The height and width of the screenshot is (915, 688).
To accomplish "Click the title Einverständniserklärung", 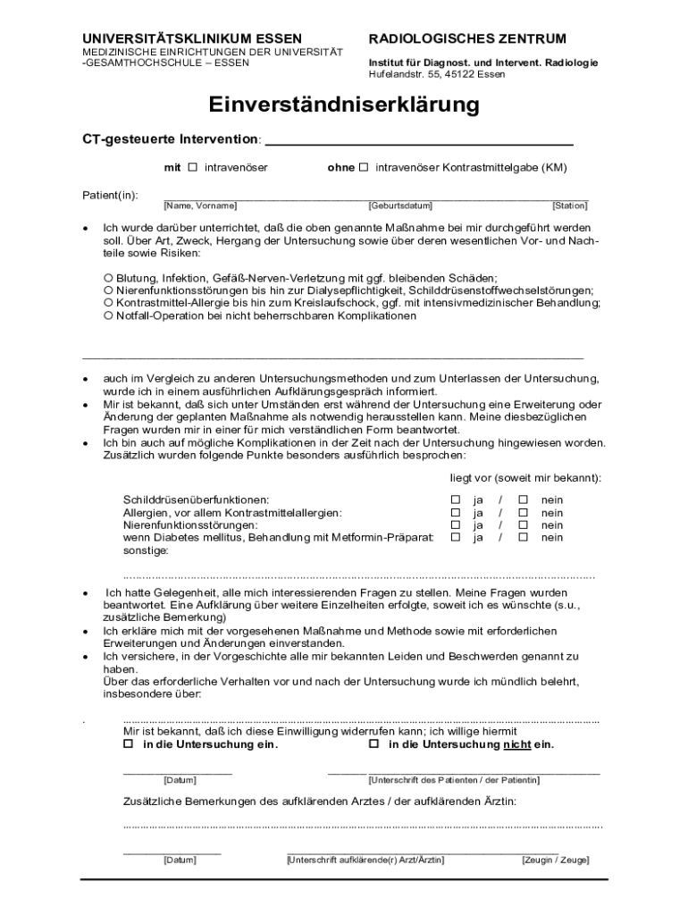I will (344, 105).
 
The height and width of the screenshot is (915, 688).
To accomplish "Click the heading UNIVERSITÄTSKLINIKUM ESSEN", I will (192, 38).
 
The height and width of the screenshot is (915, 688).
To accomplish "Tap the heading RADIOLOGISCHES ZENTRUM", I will (467, 38).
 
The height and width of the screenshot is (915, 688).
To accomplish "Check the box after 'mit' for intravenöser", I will (192, 167).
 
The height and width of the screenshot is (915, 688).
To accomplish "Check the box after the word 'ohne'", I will (364, 167).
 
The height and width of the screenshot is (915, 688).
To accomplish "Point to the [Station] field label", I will (569, 206).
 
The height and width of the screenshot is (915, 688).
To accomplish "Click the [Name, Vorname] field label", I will (200, 206).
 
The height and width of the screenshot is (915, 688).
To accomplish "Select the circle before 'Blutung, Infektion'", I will (109, 278).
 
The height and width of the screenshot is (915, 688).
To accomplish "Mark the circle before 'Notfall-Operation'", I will (109, 315).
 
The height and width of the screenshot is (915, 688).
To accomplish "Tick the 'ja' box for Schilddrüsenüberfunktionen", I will (456, 500).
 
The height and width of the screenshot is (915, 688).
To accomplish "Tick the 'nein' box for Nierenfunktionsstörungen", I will (524, 525).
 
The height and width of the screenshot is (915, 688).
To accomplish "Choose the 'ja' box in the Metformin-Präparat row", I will (456, 538).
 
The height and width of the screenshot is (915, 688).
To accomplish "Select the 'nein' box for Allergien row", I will (524, 513).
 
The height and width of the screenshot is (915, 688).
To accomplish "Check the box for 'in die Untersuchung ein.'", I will (128, 743).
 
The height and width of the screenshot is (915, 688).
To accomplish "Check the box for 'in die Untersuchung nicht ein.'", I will (373, 743).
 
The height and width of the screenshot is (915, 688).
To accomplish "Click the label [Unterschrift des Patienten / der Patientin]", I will (454, 780).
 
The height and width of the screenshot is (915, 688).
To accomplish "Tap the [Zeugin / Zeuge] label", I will (555, 860).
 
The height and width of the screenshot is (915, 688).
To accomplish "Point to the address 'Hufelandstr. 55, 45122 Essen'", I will (436, 75).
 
